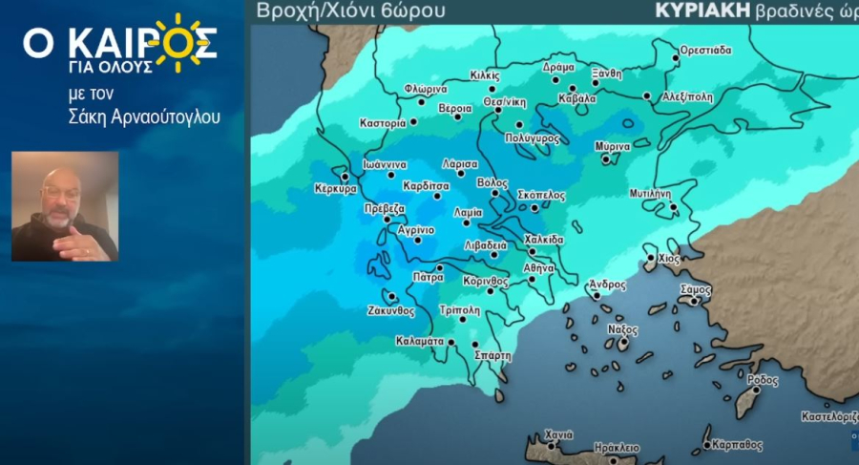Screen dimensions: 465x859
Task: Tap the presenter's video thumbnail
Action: click(x=65, y=206)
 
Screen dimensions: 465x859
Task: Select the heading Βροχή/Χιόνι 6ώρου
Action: click(x=350, y=11)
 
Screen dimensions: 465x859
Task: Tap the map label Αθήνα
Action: click(x=538, y=268)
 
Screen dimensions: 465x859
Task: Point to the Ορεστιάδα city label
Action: click(x=705, y=49)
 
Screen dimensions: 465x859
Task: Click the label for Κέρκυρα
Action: click(x=336, y=189)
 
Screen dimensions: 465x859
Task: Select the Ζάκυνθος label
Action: click(x=391, y=310)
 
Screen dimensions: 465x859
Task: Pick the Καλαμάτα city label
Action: click(x=420, y=341)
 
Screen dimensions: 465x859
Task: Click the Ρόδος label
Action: click(x=763, y=379)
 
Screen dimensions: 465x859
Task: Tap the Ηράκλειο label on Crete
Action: click(x=616, y=447)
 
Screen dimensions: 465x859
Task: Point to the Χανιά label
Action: click(x=557, y=434)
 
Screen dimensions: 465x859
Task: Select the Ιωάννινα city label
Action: click(x=386, y=164)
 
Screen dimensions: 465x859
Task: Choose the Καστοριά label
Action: click(x=384, y=123)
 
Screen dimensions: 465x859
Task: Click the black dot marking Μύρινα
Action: click(x=605, y=159)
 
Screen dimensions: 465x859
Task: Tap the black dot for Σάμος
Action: click(x=695, y=301)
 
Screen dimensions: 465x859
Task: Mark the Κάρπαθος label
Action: click(x=738, y=444)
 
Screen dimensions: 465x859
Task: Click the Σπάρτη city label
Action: click(x=492, y=355)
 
